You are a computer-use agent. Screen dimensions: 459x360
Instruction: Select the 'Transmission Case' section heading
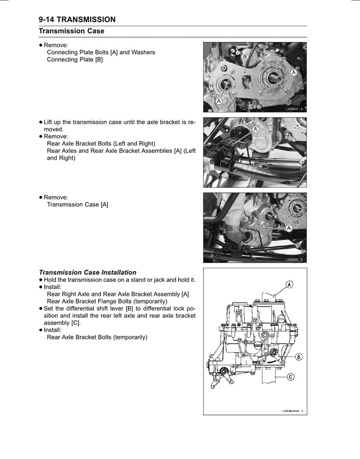(x=72, y=31)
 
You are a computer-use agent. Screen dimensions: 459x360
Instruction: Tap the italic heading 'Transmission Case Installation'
(x=87, y=272)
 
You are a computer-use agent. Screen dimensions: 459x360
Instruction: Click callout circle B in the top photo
(x=245, y=57)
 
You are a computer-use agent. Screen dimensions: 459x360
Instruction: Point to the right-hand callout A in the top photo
(x=293, y=72)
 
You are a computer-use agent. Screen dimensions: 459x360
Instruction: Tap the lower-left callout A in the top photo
(x=219, y=101)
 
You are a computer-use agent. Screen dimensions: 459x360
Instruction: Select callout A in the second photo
(x=255, y=129)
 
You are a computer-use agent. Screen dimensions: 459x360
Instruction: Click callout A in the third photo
(x=289, y=228)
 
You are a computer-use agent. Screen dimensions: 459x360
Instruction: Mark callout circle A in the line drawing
(x=289, y=284)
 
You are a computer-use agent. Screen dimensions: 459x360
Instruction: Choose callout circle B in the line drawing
(x=298, y=357)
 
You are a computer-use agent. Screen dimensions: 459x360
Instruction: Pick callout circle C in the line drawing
(x=291, y=377)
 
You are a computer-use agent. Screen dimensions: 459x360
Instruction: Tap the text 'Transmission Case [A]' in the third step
(x=77, y=204)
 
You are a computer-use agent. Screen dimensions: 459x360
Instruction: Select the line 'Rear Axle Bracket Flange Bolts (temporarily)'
(x=107, y=301)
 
